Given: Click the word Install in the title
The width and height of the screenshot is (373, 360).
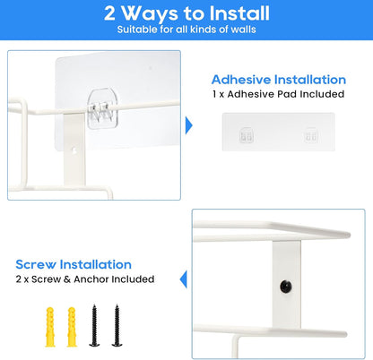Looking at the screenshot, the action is point(239,13).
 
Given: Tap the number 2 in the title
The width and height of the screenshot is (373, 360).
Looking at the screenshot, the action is point(109,13).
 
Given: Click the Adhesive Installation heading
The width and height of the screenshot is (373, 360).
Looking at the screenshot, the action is point(279,80).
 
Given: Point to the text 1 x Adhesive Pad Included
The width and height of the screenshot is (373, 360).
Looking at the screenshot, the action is point(278,94).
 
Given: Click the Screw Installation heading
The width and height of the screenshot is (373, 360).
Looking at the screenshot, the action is point(74,264).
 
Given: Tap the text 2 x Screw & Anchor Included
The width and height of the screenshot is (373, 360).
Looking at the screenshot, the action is point(85,279).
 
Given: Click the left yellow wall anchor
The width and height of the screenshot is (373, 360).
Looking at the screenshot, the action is point(50,327).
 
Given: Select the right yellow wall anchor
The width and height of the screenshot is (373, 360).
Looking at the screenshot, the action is point(72,327).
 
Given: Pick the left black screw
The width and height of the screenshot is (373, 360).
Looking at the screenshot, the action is point(94,325).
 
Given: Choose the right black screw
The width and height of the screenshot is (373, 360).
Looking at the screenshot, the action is point(117,325).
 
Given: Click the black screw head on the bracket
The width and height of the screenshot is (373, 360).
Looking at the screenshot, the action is point(286,287).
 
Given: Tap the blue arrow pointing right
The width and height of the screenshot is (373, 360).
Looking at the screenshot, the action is point(189,125).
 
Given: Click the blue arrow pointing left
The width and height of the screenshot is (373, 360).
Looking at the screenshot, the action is point(183,279).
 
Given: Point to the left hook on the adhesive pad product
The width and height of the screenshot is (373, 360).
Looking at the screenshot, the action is point(247,135).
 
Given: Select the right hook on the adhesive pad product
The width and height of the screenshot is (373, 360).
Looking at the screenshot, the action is point(311,135).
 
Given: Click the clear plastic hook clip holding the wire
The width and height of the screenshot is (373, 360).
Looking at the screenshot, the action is point(102,108).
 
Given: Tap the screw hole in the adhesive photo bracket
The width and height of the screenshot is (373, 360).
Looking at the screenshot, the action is point(74,150).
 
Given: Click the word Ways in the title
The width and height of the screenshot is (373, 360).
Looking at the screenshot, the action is point(150,13).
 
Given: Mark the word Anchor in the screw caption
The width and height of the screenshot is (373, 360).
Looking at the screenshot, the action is point(91,279).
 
